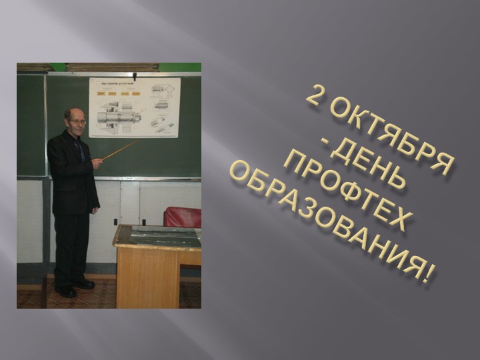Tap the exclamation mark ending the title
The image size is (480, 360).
tap(427, 274)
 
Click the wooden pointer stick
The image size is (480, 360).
tap(121, 149)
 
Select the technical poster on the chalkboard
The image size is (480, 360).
tap(135, 107)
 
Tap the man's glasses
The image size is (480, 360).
tap(76, 121)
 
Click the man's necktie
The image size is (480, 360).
tap(81, 150)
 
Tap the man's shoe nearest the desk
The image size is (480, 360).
tap(85, 284)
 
